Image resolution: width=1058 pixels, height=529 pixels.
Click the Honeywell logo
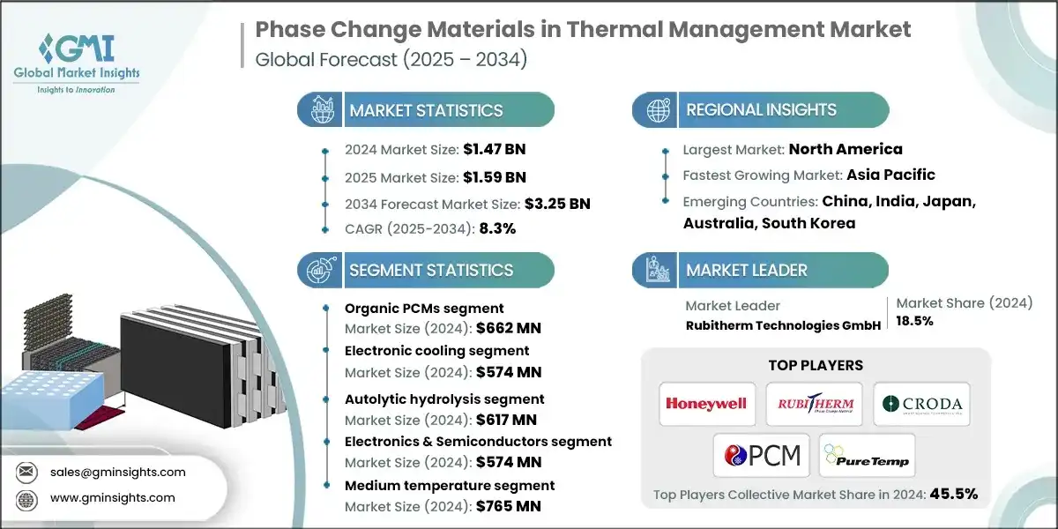pyautogui.click(x=706, y=404)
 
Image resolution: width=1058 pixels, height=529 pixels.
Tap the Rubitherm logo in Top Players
pyautogui.click(x=814, y=404)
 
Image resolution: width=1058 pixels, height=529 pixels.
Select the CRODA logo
pyautogui.click(x=921, y=404)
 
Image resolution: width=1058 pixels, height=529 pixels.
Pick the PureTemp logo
pyautogui.click(x=867, y=455)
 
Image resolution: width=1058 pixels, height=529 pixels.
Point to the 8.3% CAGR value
pyautogui.click(x=496, y=227)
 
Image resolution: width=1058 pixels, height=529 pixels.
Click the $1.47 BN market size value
pyautogui.click(x=495, y=149)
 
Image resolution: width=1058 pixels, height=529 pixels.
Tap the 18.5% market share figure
pyautogui.click(x=915, y=321)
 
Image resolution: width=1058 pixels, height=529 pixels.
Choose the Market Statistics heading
pyautogui.click(x=426, y=110)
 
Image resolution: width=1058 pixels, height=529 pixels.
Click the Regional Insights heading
pyautogui.click(x=761, y=110)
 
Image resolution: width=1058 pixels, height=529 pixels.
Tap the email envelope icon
pyautogui.click(x=26, y=472)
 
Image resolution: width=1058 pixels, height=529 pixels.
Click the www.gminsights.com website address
pyautogui.click(x=113, y=498)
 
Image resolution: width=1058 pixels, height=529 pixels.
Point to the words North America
pyautogui.click(x=845, y=149)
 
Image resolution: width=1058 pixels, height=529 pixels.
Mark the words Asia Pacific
pyautogui.click(x=890, y=175)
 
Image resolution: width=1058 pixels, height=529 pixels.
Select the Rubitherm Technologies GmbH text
pyautogui.click(x=783, y=325)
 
